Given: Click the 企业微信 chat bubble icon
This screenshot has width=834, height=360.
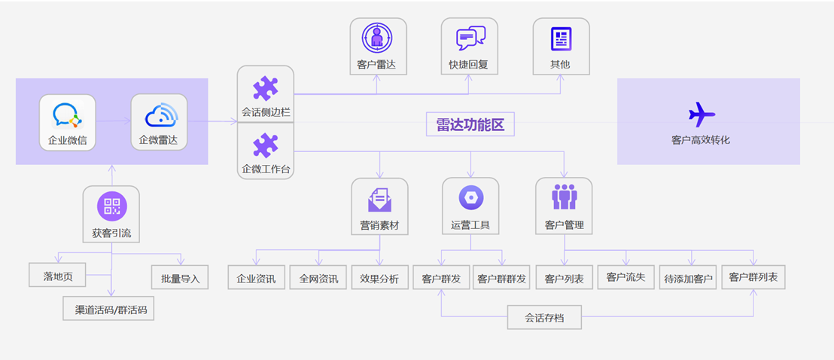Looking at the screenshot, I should click(x=66, y=114).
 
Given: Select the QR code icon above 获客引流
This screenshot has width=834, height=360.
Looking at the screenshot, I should click(x=111, y=206).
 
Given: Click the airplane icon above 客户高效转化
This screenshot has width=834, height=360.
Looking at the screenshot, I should click(x=702, y=114).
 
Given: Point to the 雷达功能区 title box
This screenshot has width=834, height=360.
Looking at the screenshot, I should click(x=470, y=125).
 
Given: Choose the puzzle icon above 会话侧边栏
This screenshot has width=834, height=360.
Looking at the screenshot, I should click(x=266, y=89).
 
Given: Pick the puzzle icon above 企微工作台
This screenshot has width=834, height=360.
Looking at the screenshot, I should click(x=266, y=145).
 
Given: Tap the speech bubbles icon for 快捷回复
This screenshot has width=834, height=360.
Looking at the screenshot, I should click(x=470, y=38).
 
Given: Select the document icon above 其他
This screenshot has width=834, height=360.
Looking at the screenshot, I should click(x=561, y=38).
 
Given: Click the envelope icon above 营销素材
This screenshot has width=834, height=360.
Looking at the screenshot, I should click(x=379, y=200).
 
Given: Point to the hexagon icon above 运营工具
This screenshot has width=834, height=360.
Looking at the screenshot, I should click(x=470, y=198).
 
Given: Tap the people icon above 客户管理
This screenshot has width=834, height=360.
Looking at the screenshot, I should click(x=564, y=197).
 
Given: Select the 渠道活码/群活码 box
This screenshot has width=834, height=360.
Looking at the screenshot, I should click(x=109, y=309).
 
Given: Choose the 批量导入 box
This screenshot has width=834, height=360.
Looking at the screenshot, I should click(x=180, y=278).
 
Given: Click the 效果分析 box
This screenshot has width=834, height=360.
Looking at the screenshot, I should click(x=379, y=278).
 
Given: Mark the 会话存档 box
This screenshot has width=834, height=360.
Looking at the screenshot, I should click(x=544, y=318).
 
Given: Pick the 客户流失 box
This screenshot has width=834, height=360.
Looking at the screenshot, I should click(x=625, y=277).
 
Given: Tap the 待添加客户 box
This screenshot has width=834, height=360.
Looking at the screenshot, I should click(x=688, y=279).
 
